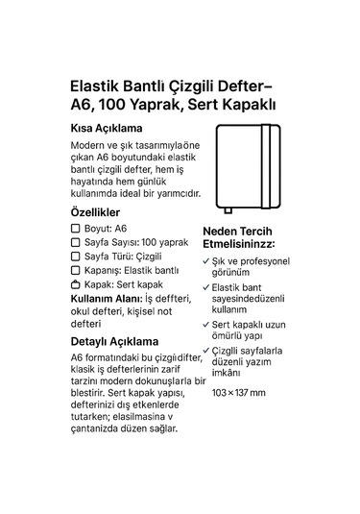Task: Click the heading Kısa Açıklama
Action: coord(107,128)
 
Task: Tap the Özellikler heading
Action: coord(95,211)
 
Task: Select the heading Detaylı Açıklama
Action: coord(114,341)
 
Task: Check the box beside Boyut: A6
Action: coord(76,230)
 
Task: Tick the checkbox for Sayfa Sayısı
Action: coord(76,243)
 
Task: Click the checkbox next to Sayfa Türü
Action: coord(76,257)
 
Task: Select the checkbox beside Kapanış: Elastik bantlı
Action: coord(76,271)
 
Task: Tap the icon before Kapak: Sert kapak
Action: coord(76,285)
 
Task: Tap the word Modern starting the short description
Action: coord(90,145)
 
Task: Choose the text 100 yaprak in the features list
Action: coord(165,243)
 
